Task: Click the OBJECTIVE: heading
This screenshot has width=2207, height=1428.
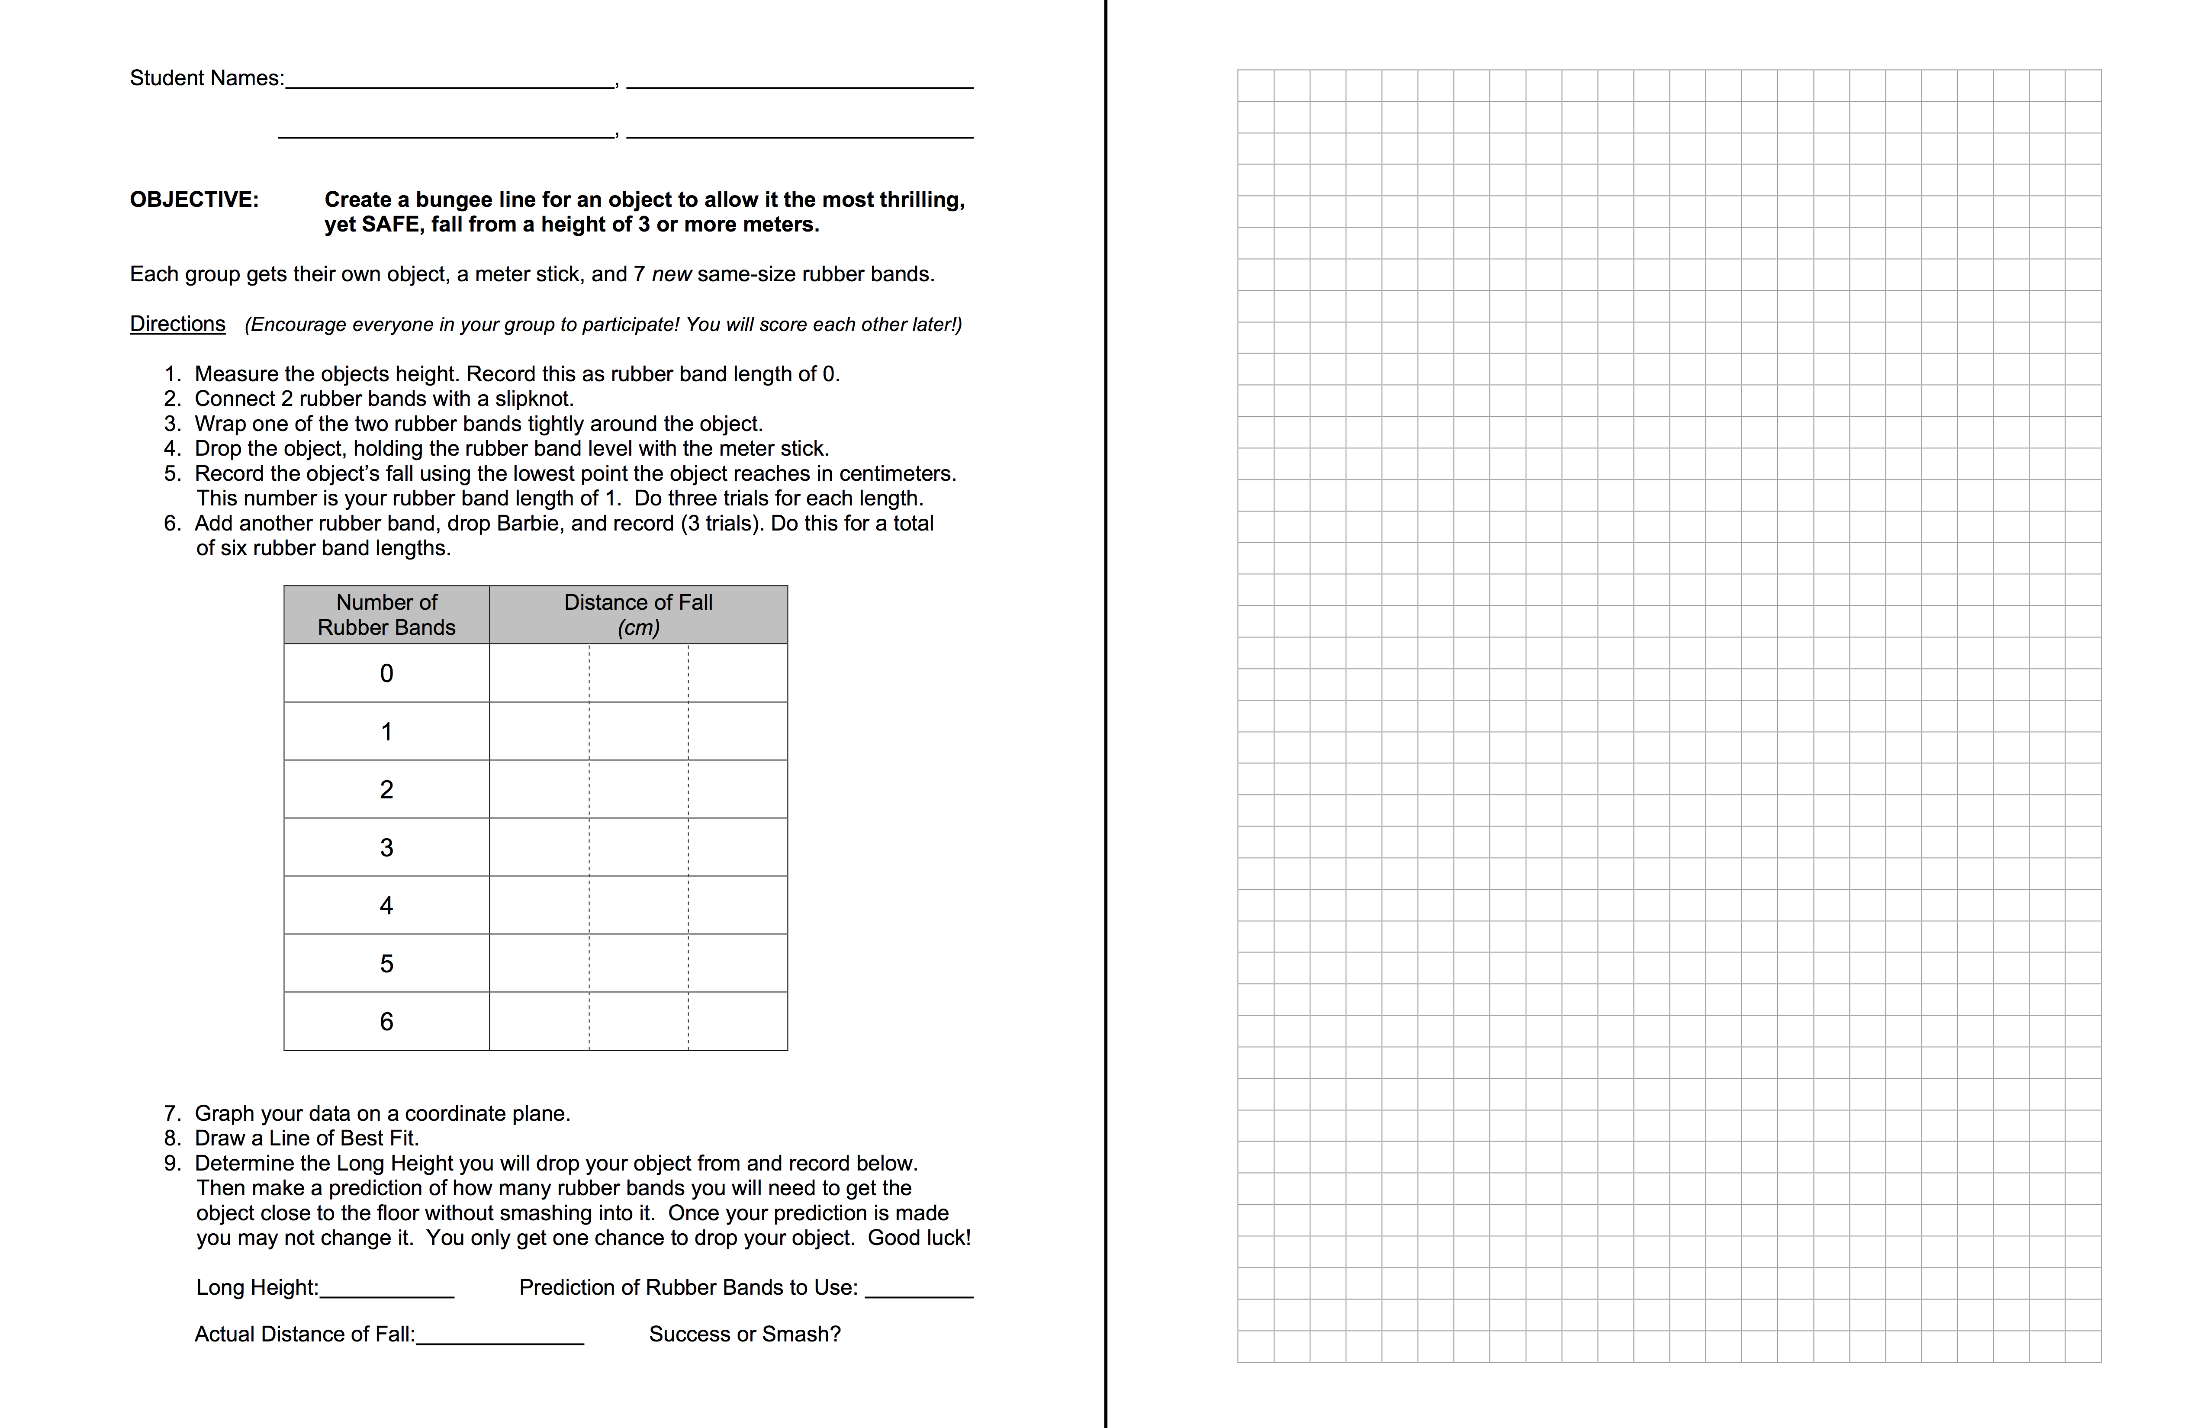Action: coord(194,199)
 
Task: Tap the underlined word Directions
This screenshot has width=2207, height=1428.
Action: coord(177,324)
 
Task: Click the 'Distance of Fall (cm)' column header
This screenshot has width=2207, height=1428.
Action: coord(638,615)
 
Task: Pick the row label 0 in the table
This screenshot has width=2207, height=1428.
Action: coord(387,673)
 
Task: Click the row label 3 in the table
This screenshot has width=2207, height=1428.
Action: coord(387,848)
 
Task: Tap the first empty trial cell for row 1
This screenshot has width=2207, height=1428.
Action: coord(539,732)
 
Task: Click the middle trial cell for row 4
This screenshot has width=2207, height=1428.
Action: coord(638,905)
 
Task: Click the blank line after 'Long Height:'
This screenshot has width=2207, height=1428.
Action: coord(387,1289)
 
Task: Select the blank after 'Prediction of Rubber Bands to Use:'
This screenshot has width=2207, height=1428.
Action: coord(918,1289)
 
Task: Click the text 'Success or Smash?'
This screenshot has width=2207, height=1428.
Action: coord(745,1335)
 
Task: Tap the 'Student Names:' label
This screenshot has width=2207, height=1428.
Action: coord(207,78)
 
